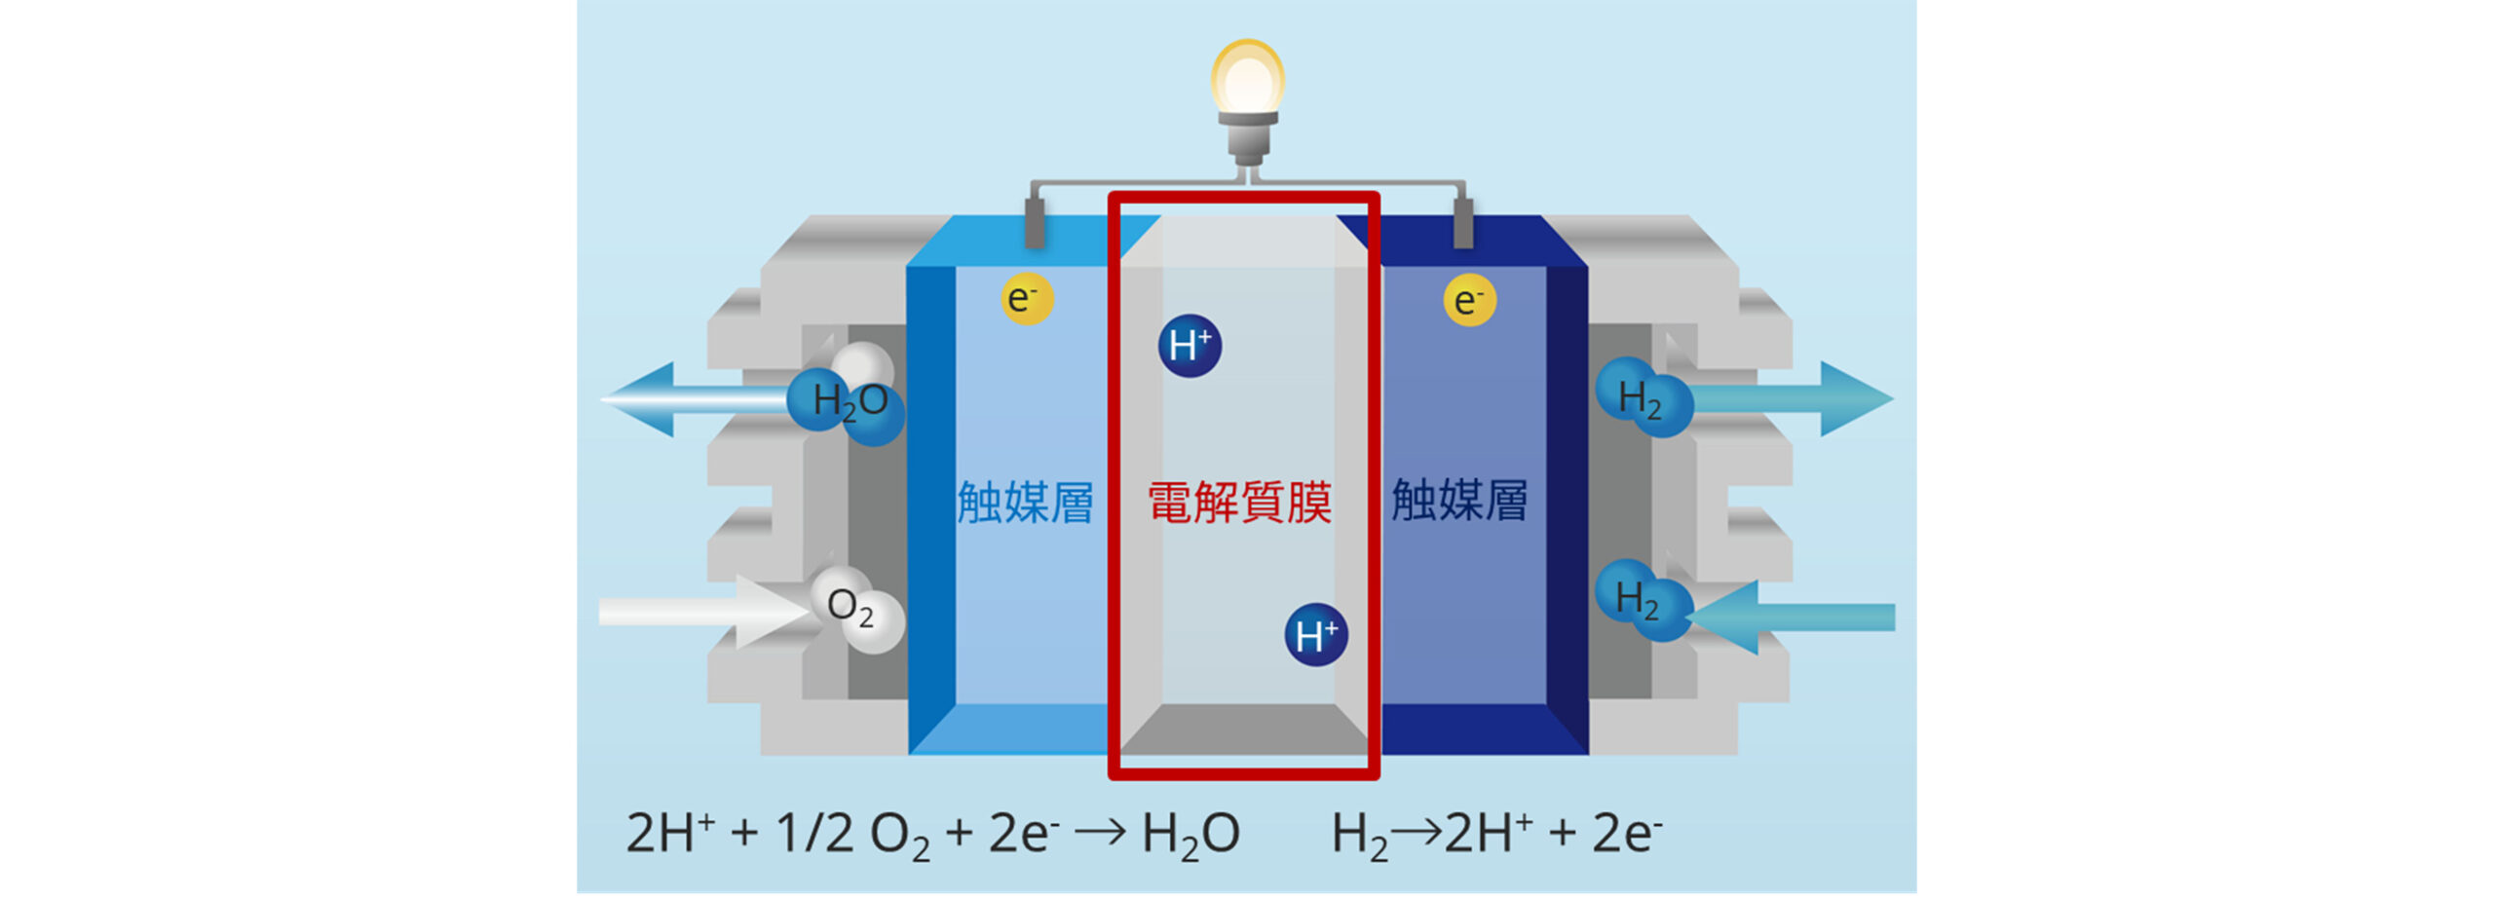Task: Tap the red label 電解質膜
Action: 1239,503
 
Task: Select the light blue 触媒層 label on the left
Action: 1025,503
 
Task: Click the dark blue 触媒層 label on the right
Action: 1459,501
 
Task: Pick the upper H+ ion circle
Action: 1190,346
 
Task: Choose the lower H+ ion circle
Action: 1316,635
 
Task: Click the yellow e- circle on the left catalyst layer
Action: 1027,298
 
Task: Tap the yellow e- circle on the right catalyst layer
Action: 1469,300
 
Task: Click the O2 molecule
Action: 853,608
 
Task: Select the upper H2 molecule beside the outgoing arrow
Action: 1643,397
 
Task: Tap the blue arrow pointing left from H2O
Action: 682,399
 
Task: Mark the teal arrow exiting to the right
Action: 1802,398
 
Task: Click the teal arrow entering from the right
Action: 1802,618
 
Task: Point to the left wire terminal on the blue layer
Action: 1034,224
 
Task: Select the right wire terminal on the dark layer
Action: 1462,224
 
